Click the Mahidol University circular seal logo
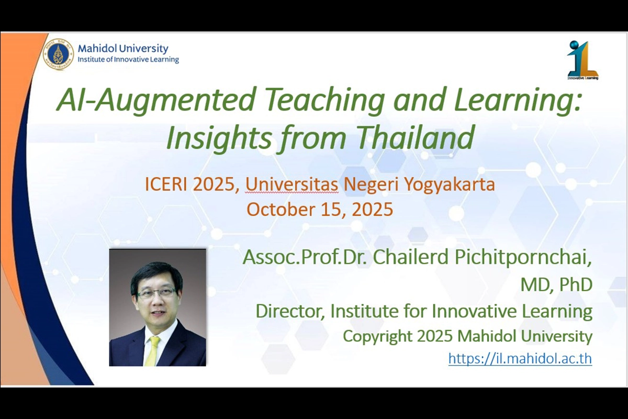pos(58,54)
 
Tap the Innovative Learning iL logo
pos(582,60)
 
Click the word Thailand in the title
pos(416,138)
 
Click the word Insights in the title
pos(219,138)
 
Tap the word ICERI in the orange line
pos(165,185)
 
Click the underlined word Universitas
pos(291,185)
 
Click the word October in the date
pos(281,210)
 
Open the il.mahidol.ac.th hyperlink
pos(520,358)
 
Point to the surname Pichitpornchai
pos(523,258)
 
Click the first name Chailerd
pos(411,257)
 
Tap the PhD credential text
pos(576,284)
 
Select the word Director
pos(290,311)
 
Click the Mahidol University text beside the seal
pos(123,49)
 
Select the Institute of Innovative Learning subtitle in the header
pos(128,60)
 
